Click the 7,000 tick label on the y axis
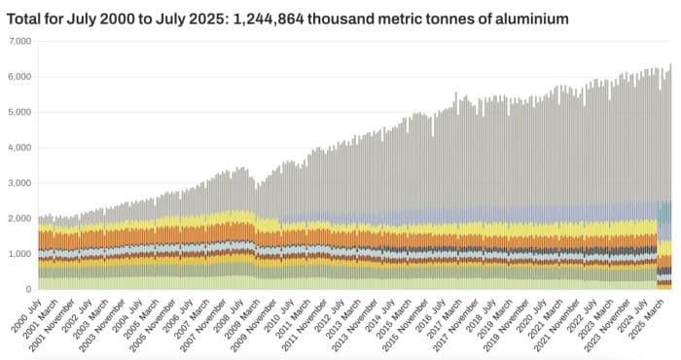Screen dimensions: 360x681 coord(19,41)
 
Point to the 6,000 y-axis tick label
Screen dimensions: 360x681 coord(19,77)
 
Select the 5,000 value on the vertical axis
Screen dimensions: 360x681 coord(19,112)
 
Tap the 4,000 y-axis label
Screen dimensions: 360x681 coord(19,148)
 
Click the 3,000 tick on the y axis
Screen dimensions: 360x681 coord(19,183)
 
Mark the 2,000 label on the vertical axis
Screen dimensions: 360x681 coord(19,219)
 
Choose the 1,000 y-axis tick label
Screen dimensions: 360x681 coord(19,254)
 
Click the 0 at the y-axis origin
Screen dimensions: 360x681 coord(28,290)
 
